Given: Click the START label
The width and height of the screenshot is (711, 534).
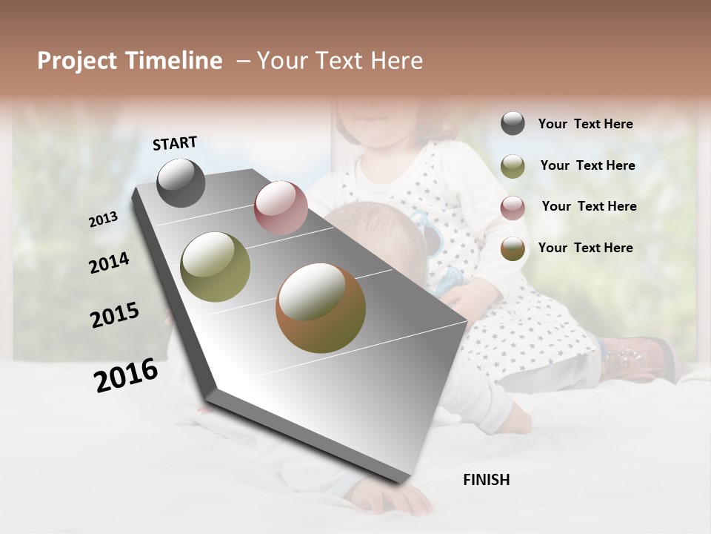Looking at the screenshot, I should coord(175,143).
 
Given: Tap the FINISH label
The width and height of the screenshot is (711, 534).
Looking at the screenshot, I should coord(486,480).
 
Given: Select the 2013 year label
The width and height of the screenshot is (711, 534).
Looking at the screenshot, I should coord(104,220).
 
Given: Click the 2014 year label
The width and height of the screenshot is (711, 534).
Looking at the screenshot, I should coord(109,263).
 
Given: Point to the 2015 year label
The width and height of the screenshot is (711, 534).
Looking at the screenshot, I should coord(115,315).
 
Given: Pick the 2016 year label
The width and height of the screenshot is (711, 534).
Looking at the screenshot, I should coord(126,375).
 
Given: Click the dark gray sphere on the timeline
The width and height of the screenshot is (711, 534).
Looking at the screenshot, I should coord(181,183).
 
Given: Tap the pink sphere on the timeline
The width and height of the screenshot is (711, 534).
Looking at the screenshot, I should coord(281,208).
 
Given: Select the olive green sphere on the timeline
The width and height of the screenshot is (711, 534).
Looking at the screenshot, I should coord(216,267).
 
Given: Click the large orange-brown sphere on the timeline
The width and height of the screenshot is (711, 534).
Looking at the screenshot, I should coord(321,308).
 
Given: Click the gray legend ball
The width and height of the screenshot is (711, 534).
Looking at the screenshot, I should coord(513,124).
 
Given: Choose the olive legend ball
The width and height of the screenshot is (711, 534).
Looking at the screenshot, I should coord(513,166).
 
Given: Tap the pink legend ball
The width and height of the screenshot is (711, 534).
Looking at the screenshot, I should coord(513,208).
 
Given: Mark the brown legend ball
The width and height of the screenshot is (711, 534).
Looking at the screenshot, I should coord(513,248).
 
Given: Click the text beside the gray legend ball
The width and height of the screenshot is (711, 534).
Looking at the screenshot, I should coord(585,124).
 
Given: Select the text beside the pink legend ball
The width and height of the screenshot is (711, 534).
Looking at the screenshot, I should coord(589,206).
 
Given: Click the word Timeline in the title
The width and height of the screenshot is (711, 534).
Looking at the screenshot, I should coord(174,61).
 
